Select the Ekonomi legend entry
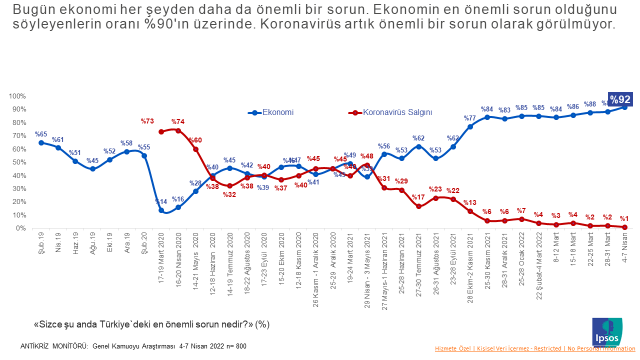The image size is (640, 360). point(276,114)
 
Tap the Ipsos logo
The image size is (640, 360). point(605,328)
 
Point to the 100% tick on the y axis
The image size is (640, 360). point(18,96)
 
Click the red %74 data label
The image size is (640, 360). point(178,121)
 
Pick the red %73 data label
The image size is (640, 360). point(147,121)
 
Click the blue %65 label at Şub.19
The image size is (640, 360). point(41,133)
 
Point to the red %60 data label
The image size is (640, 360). point(195,140)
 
